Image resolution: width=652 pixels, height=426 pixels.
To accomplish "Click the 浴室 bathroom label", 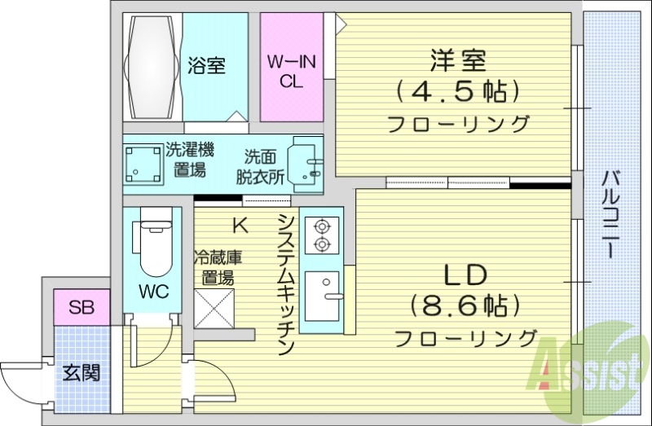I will (x=206, y=65).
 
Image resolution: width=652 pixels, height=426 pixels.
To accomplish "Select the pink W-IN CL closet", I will (x=291, y=69).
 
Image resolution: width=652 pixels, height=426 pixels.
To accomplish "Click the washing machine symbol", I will (x=142, y=164).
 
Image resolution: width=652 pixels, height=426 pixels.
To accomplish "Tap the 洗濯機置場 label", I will (x=189, y=160).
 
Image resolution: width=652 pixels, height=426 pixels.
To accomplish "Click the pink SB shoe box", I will (x=81, y=308).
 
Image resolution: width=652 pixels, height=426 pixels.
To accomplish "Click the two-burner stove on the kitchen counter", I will (x=320, y=234).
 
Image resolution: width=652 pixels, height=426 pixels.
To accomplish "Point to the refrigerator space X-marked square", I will (x=214, y=308).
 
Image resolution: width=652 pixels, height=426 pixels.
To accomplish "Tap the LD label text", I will (x=465, y=274).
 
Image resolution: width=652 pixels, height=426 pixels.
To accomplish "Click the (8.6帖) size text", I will (x=465, y=306).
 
